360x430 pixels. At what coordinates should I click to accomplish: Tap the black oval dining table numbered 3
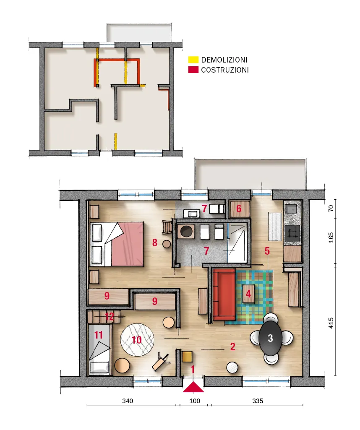pyautogui.click(x=270, y=338)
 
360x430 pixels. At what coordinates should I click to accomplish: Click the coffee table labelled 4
pyautogui.click(x=248, y=294)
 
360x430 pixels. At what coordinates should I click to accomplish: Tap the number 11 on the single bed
pyautogui.click(x=99, y=335)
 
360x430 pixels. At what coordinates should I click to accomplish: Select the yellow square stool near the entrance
pyautogui.click(x=187, y=357)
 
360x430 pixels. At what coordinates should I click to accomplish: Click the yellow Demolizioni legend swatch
pyautogui.click(x=193, y=60)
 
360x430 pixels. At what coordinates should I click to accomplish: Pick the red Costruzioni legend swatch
pyautogui.click(x=193, y=70)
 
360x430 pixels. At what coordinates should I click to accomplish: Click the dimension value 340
pyautogui.click(x=128, y=401)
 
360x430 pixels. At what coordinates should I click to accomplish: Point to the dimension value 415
pyautogui.click(x=331, y=323)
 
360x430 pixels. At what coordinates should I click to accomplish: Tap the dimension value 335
pyautogui.click(x=258, y=401)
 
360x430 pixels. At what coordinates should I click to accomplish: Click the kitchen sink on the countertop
pyautogui.click(x=291, y=209)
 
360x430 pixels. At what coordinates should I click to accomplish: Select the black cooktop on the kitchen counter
pyautogui.click(x=292, y=234)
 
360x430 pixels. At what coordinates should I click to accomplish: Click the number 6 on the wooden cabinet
pyautogui.click(x=239, y=208)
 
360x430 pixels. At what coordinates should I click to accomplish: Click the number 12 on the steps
pyautogui.click(x=109, y=317)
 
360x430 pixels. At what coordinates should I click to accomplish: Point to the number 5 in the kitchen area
pyautogui.click(x=267, y=251)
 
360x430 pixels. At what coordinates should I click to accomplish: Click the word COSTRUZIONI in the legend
pyautogui.click(x=225, y=70)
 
